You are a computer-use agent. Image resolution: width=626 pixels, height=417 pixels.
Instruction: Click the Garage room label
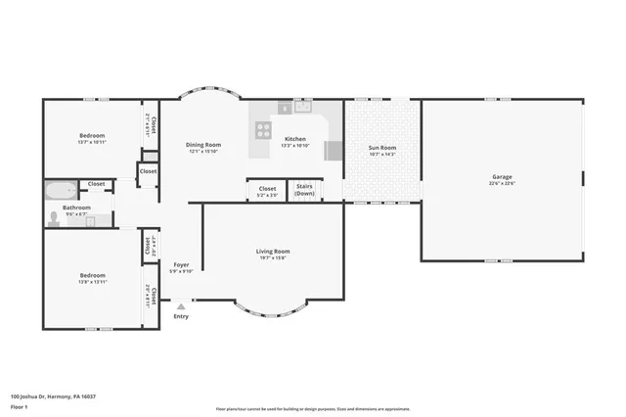502,177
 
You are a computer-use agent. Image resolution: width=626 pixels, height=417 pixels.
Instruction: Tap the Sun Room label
381,148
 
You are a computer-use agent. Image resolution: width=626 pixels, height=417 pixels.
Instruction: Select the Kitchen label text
294,139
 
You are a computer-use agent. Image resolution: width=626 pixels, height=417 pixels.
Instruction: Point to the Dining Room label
203,145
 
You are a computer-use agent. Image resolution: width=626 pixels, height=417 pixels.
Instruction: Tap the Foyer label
181,265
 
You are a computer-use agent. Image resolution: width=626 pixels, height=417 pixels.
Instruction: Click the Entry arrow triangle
180,306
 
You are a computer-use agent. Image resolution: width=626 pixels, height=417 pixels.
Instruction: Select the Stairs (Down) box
304,190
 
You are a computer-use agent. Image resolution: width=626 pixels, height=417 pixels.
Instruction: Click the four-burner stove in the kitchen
263,127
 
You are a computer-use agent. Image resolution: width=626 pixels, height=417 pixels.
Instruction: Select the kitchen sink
285,108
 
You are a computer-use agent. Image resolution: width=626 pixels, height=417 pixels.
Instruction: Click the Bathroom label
77,208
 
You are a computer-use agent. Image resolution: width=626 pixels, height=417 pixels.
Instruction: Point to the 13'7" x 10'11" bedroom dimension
91,142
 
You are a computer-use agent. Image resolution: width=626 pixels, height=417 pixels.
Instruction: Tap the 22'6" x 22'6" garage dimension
502,184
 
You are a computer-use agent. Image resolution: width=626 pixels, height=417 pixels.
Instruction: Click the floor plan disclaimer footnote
313,407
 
